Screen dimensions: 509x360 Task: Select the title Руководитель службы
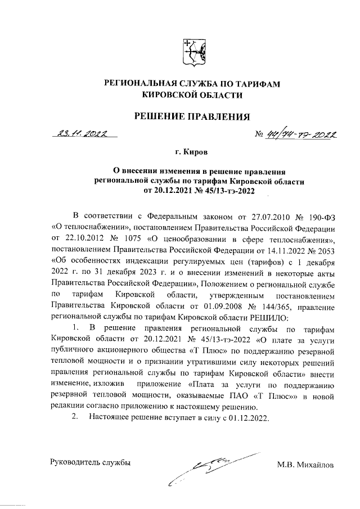coord(91,463)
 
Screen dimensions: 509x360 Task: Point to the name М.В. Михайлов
coord(305,465)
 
